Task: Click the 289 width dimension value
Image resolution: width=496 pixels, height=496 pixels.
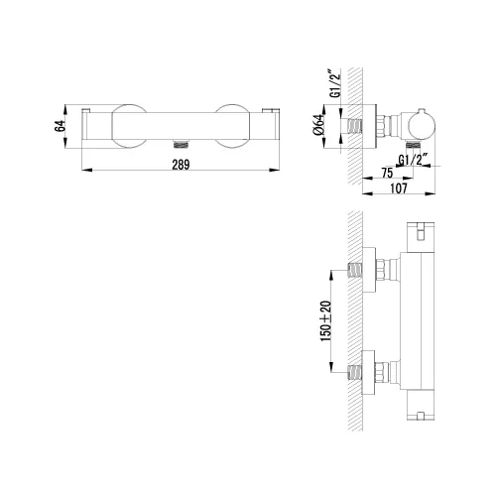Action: [x=181, y=165]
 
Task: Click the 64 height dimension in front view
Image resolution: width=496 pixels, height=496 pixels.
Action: [x=60, y=126]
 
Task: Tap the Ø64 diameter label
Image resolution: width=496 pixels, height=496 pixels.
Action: [x=318, y=125]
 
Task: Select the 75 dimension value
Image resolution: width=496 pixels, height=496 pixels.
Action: [x=387, y=173]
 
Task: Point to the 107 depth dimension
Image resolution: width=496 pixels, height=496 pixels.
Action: [x=399, y=188]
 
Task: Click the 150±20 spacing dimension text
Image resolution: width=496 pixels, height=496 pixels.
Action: [x=325, y=321]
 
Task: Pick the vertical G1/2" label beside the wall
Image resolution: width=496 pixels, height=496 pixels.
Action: [x=335, y=83]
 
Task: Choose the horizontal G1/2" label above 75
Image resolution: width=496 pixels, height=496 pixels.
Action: [x=413, y=160]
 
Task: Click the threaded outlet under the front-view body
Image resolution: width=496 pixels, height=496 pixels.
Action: [x=181, y=144]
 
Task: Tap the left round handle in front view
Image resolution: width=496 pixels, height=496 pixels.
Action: [x=129, y=126]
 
